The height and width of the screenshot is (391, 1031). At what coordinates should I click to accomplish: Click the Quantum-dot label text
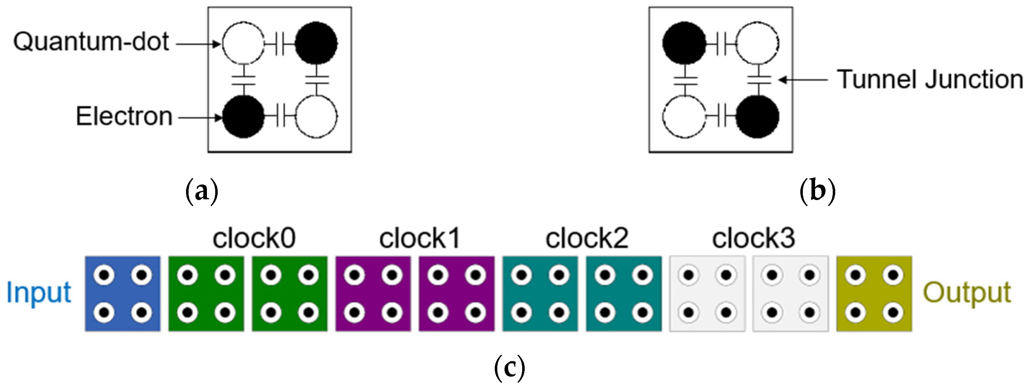coord(91,42)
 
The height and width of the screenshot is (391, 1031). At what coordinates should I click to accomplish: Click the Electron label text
coord(125,117)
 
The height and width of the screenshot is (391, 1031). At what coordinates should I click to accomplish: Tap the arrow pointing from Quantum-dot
coord(199,44)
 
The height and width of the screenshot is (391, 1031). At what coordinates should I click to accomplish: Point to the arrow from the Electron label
coord(199,118)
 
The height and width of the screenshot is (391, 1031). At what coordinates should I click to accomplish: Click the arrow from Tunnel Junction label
coord(802,80)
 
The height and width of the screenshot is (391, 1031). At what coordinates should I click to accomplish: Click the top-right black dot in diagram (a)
coord(316,43)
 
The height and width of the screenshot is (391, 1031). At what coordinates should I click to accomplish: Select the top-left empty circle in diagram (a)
coord(243,43)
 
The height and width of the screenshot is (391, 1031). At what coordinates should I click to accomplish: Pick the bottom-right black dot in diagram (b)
coord(757,117)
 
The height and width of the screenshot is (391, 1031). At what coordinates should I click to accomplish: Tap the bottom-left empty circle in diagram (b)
coord(684,117)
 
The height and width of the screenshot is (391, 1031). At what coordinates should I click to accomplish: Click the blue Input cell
coord(123,294)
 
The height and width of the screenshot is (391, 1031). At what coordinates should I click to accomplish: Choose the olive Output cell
coord(874,294)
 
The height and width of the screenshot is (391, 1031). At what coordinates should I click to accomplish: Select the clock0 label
coord(254,238)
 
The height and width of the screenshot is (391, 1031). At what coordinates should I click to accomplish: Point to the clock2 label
coord(587,238)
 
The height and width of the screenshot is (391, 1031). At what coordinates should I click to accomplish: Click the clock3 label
coord(753,238)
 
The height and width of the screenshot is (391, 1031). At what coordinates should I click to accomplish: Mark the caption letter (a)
coord(202,192)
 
